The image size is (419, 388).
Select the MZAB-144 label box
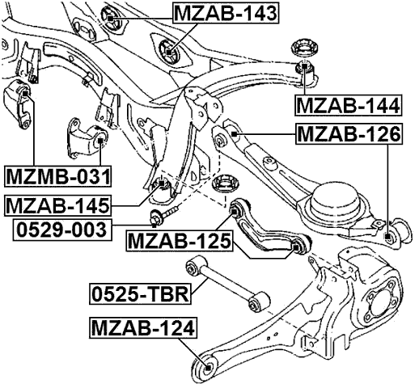[347, 105]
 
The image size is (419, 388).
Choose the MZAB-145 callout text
[57, 205]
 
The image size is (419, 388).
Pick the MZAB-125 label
[179, 240]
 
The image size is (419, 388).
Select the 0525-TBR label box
[140, 293]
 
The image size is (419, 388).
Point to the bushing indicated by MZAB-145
[162, 188]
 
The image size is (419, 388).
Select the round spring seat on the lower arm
[334, 200]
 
